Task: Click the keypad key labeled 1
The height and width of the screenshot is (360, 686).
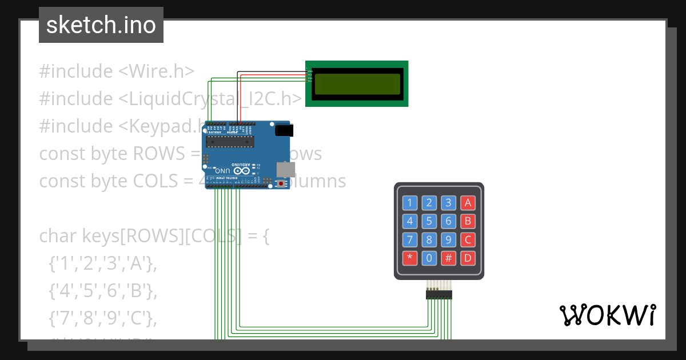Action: point(410,203)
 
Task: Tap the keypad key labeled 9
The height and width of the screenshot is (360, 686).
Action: point(449,239)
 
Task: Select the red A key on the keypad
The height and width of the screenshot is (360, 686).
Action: point(468,203)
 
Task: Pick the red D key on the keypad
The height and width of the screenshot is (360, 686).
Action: point(468,258)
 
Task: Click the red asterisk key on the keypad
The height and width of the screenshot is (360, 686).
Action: point(410,258)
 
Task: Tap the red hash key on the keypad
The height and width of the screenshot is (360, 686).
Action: point(449,258)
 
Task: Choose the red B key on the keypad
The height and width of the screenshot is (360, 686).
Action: point(468,221)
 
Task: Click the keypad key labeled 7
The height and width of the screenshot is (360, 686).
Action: point(410,239)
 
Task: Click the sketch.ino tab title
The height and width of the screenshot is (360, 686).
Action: point(101,25)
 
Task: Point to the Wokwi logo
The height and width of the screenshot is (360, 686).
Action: point(608,315)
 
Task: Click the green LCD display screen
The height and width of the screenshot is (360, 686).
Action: point(357,83)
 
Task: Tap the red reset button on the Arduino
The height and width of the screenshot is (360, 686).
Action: point(281,183)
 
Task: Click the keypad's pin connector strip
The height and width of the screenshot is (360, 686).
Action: point(438,294)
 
